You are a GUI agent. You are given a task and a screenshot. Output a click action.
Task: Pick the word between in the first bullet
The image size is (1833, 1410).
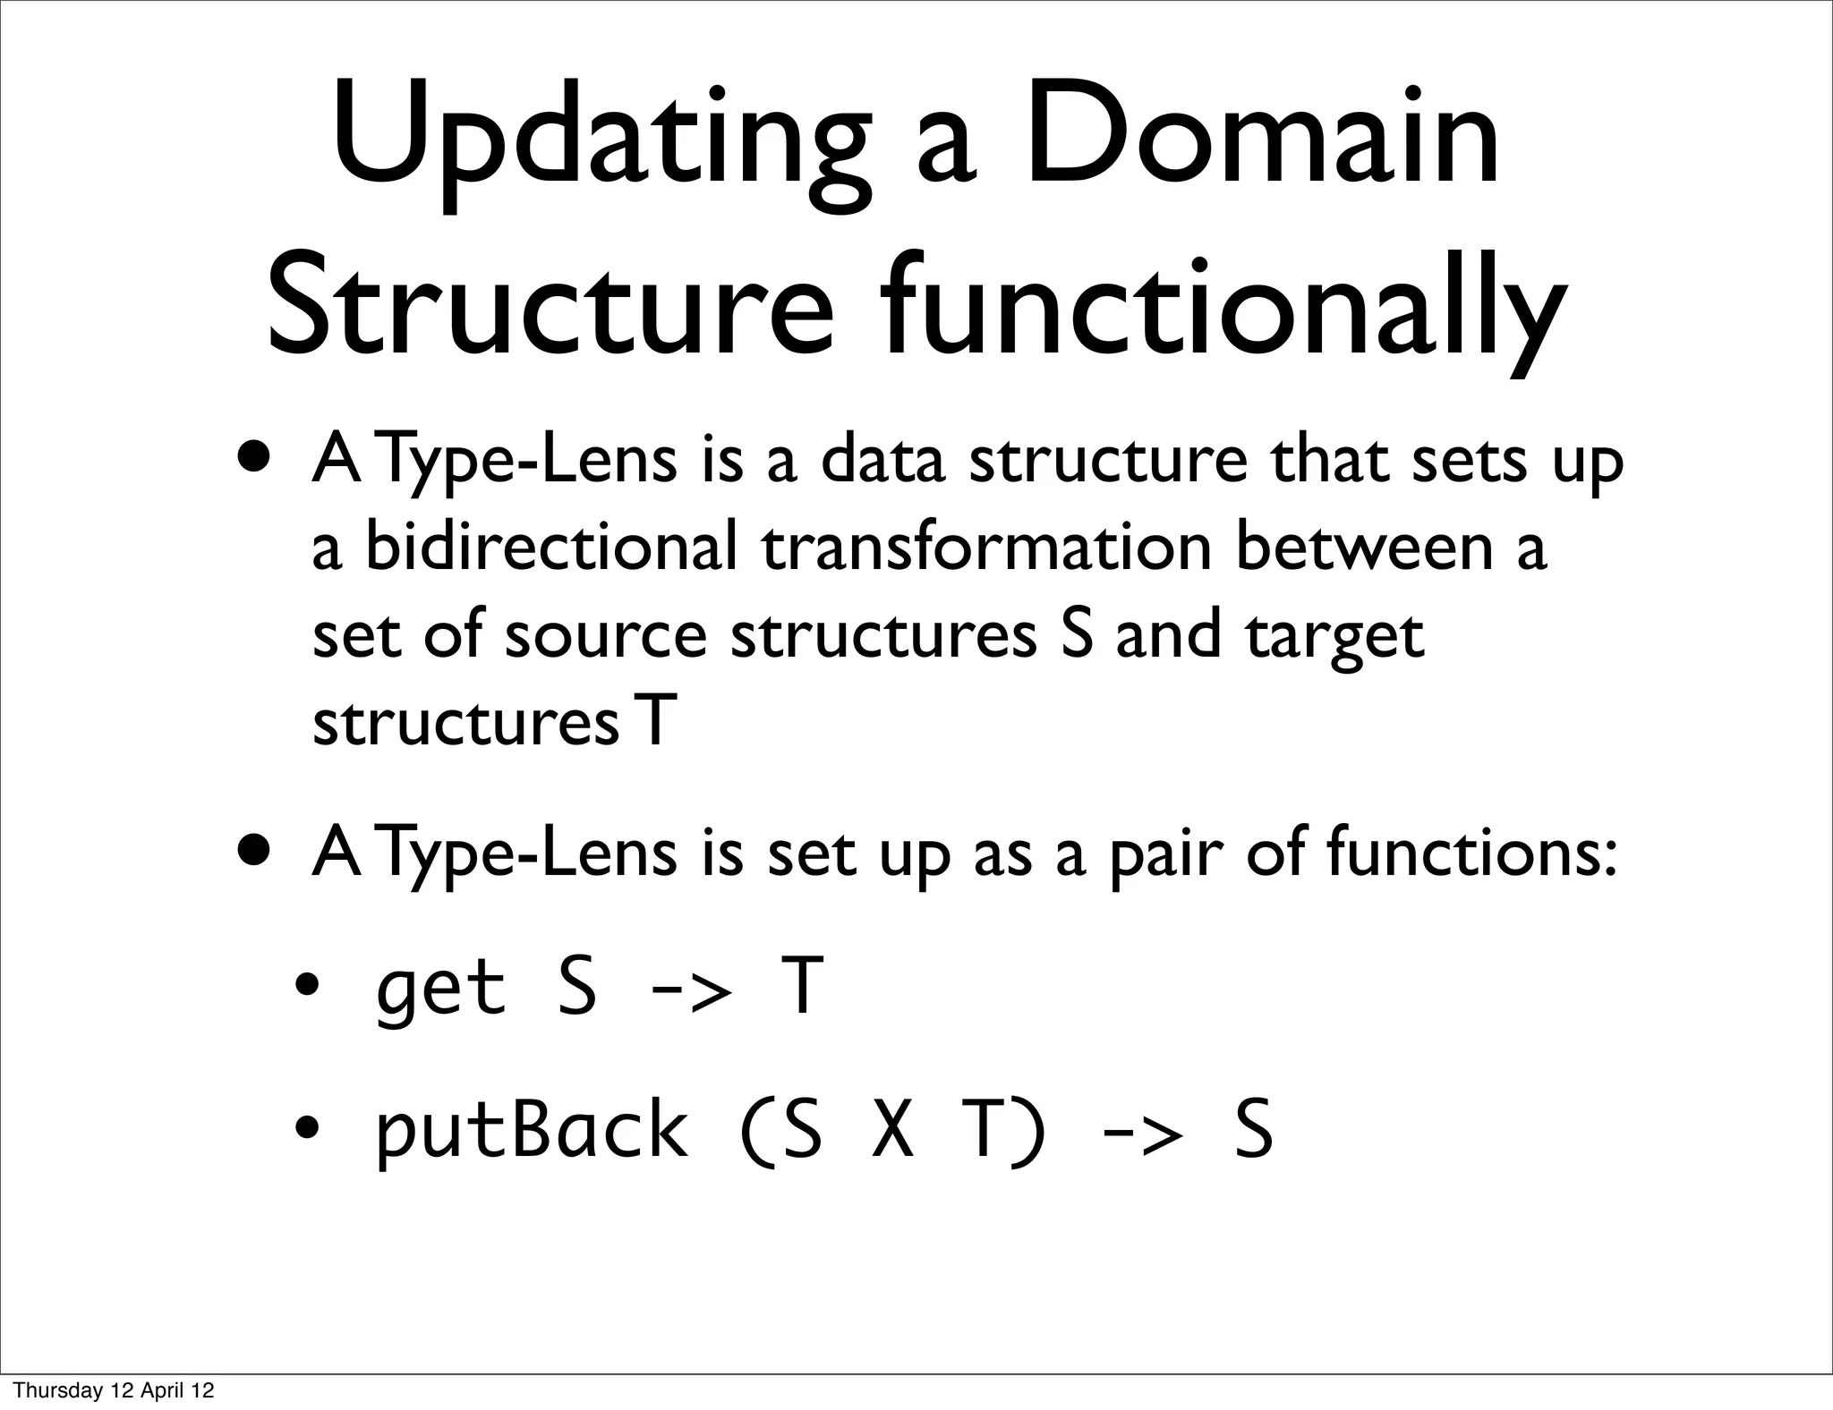1364,546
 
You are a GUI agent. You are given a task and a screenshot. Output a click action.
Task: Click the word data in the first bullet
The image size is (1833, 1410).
882,460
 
